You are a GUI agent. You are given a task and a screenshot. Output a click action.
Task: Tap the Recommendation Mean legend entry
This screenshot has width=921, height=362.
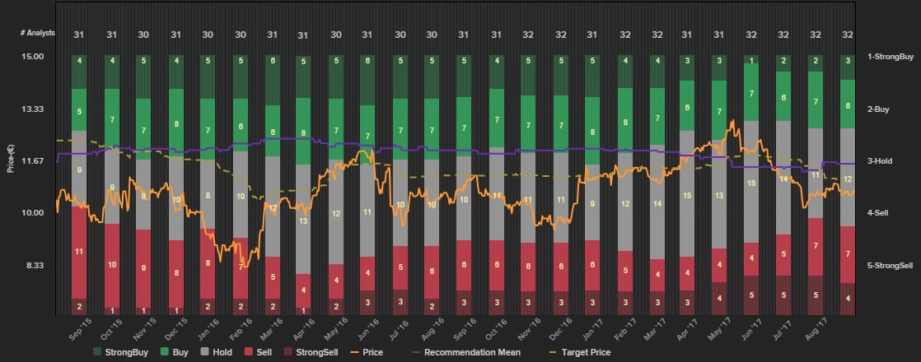[x=466, y=352]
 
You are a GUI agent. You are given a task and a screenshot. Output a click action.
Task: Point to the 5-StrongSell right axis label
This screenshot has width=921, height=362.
[x=890, y=265]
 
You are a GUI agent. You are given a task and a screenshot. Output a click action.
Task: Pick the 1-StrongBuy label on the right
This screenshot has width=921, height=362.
[x=890, y=57]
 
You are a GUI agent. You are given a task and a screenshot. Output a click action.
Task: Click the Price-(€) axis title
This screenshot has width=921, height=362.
[x=11, y=156]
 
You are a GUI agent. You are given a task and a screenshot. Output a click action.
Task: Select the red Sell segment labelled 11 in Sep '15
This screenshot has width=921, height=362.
[x=79, y=251]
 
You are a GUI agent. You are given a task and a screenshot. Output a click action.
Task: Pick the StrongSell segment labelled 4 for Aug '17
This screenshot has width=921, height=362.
[x=848, y=298]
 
